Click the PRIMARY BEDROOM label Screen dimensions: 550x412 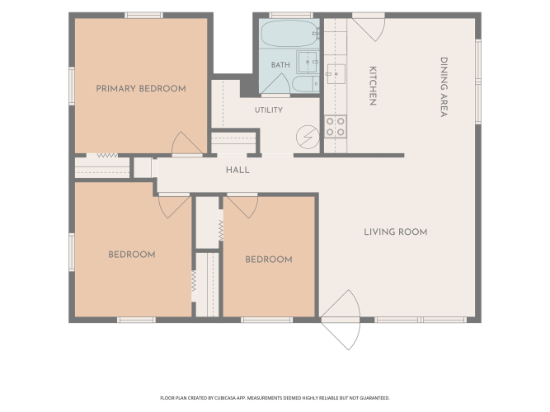(141, 88)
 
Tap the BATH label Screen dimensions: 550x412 (280, 65)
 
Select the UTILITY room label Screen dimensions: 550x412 (269, 110)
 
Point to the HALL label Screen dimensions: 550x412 (237, 170)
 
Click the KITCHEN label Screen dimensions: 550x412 (373, 86)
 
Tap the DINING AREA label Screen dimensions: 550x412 (444, 87)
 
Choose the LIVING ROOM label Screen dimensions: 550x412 (396, 232)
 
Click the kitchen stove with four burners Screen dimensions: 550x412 (336, 127)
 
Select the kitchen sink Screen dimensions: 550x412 (336, 74)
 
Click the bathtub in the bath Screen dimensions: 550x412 (289, 33)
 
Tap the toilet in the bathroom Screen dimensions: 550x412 (306, 84)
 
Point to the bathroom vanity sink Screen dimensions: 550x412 (308, 62)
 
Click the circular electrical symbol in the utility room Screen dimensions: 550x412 (308, 137)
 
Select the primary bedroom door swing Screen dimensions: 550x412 (186, 143)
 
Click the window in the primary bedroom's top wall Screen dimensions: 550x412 (143, 16)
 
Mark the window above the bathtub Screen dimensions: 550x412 (291, 16)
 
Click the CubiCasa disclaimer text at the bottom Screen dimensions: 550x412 (275, 398)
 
